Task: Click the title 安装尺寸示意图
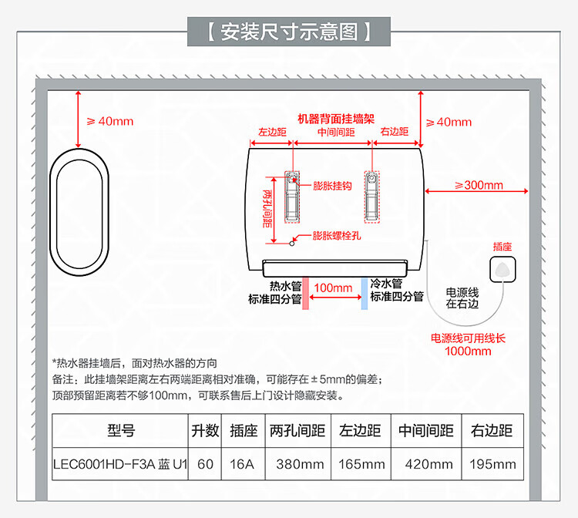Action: click(289, 32)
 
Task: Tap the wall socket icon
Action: click(502, 270)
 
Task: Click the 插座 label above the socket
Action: click(502, 247)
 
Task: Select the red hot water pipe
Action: click(305, 293)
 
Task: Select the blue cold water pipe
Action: click(365, 293)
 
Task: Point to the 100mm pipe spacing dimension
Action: click(333, 288)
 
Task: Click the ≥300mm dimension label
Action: click(479, 185)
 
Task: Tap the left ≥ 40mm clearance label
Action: click(110, 121)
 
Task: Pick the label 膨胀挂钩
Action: click(332, 186)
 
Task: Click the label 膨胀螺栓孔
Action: click(337, 236)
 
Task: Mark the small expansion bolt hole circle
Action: click(292, 244)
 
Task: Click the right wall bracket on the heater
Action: click(372, 197)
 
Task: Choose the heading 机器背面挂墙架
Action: click(336, 119)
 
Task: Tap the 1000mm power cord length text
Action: click(468, 351)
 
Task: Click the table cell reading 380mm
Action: click(300, 464)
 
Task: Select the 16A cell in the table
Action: click(242, 464)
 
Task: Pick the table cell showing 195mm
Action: click(493, 464)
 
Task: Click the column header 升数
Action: click(205, 431)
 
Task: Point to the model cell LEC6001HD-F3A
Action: click(120, 464)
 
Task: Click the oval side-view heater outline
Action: click(50, 212)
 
